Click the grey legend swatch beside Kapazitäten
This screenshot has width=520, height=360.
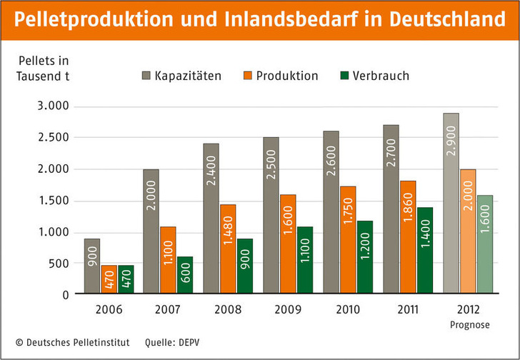tap(147, 75)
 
